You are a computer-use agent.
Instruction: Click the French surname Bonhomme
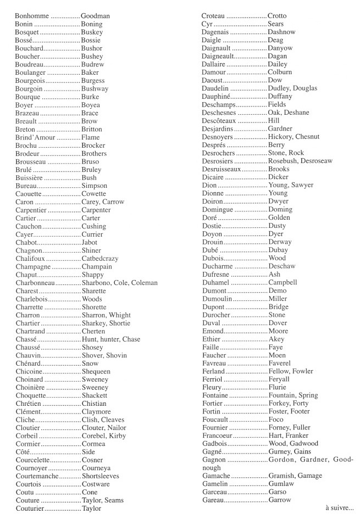point(32,16)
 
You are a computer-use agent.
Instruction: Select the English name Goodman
point(95,16)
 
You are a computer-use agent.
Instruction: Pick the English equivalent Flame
point(91,137)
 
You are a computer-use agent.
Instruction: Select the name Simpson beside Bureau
point(94,186)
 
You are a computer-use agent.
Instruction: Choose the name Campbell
point(283,283)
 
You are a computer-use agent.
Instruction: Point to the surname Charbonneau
point(35,283)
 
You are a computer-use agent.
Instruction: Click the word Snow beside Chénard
point(90,364)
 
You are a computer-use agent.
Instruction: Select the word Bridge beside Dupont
point(278,307)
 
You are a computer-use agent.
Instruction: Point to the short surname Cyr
point(207,24)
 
